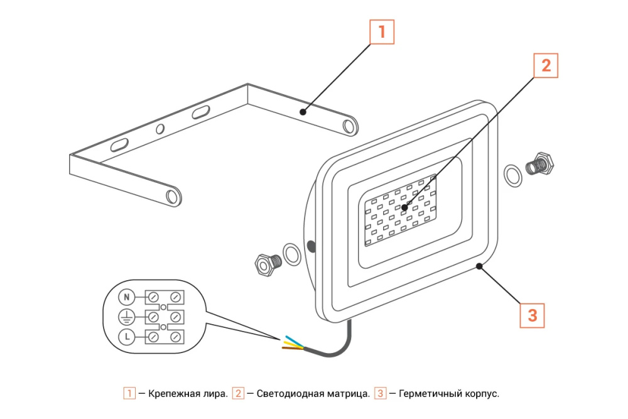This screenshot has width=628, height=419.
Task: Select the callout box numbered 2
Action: click(546, 65)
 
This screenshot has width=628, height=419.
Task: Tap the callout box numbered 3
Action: click(532, 315)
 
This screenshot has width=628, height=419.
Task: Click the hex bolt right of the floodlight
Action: click(541, 165)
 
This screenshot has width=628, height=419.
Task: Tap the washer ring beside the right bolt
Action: click(513, 175)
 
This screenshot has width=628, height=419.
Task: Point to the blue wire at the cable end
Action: click(293, 339)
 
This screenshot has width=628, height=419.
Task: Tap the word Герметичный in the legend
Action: click(430, 394)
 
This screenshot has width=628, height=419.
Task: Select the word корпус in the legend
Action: click(482, 394)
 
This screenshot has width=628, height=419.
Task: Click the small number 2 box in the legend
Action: click(238, 394)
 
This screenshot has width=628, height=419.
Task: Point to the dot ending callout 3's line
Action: click(479, 266)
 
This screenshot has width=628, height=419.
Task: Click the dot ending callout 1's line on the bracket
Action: click(303, 112)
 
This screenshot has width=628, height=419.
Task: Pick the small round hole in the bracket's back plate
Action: click(160, 129)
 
